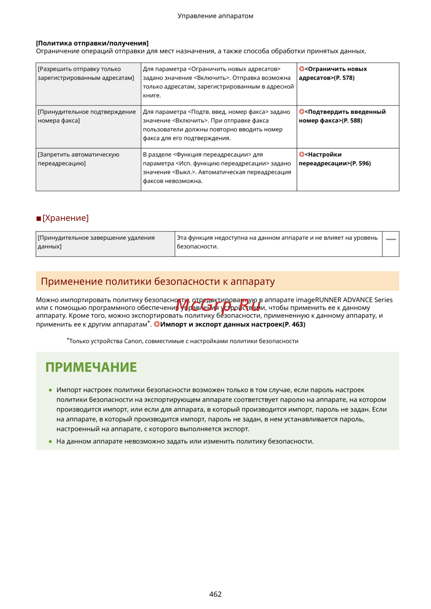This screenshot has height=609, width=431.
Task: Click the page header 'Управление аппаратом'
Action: (215, 16)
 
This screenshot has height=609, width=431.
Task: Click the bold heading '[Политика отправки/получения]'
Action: (92, 43)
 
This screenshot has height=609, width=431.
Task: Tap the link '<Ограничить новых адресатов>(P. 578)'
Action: (332, 74)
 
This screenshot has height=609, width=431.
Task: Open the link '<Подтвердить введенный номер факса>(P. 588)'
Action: (342, 116)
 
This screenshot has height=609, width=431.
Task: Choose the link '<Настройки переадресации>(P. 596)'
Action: (334, 159)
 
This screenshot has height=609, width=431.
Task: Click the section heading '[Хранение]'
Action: (66, 218)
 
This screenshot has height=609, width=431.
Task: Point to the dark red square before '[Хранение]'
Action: (39, 219)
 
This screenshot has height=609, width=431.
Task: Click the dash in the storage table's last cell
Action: (391, 239)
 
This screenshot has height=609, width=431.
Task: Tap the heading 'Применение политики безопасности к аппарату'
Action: (158, 282)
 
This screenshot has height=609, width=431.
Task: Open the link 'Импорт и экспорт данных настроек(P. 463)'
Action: (232, 324)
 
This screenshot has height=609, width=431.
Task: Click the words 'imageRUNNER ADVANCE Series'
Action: (344, 300)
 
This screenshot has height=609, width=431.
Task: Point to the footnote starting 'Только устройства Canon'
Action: (184, 341)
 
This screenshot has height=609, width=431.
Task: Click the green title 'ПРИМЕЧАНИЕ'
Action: (91, 367)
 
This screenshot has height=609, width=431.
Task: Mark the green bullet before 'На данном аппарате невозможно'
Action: (50, 441)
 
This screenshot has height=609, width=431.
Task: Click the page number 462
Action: (215, 594)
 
